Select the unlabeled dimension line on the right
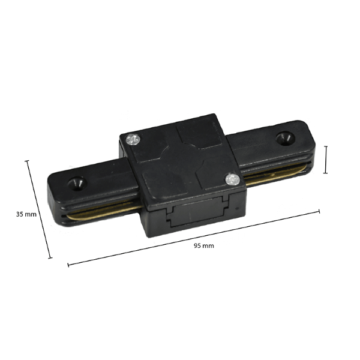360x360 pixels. pos(325,159)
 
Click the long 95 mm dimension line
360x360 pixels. pos(193,238)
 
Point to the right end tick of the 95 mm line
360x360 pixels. pos(319,211)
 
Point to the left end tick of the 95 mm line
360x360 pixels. pos(68,265)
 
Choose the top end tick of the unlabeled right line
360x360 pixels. pos(325,145)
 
